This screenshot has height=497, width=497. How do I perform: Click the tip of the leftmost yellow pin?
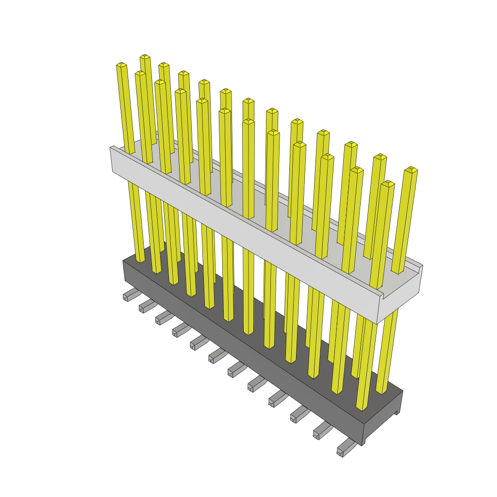(x=121, y=65)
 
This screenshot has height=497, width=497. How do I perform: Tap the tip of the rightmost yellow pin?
(x=411, y=170)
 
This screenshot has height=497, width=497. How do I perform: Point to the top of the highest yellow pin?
(x=145, y=57)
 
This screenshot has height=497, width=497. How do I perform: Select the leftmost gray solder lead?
(x=130, y=294)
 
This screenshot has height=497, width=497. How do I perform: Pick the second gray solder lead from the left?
(x=147, y=306)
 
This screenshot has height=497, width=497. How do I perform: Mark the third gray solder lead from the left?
(x=164, y=318)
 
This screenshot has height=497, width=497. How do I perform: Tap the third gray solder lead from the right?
(x=300, y=414)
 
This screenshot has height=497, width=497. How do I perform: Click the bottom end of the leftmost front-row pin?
(x=140, y=260)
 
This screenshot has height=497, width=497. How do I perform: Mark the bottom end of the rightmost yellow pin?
(x=381, y=391)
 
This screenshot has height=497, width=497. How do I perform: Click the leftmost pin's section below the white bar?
(x=135, y=218)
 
